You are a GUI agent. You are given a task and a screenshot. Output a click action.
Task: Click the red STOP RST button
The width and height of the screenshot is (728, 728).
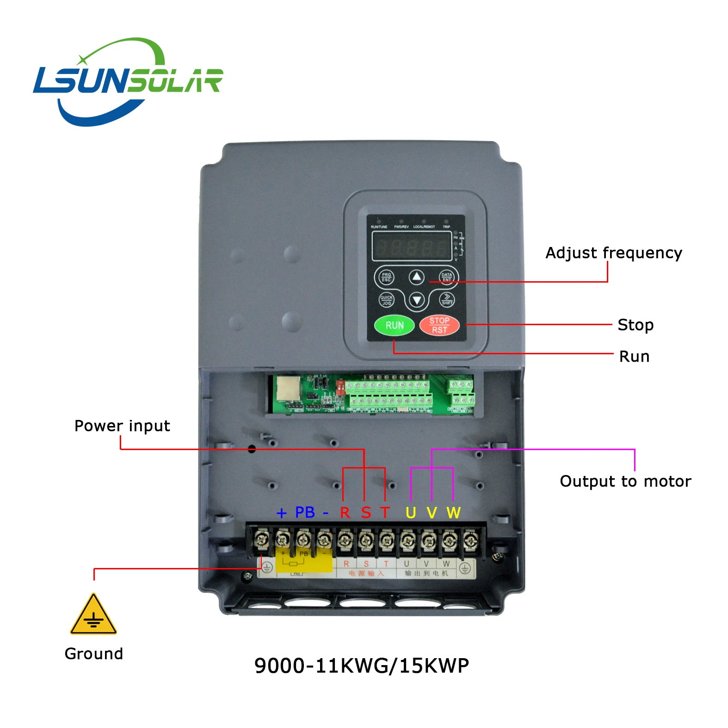439,325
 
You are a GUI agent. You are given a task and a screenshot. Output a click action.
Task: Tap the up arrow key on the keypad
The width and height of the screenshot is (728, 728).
417,277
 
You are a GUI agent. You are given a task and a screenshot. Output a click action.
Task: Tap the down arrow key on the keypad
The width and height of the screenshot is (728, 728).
417,300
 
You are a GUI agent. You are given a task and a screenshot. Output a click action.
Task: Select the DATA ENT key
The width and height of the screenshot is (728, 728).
446,277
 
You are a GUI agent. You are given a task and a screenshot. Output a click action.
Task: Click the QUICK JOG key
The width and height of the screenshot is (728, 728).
386,300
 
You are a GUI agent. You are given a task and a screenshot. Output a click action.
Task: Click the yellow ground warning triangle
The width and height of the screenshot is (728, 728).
93,615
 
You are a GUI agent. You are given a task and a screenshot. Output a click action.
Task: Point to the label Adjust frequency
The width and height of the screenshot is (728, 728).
613,253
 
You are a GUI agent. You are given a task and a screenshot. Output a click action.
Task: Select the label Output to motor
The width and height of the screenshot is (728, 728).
625,481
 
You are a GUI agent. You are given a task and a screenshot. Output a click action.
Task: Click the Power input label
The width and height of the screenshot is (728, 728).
122,426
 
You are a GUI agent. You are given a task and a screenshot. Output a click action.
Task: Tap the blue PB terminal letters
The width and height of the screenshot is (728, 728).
305,512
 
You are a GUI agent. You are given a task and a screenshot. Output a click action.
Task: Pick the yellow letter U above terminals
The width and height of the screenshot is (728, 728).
411,513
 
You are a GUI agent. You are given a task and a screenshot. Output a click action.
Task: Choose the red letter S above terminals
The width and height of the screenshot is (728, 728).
366,513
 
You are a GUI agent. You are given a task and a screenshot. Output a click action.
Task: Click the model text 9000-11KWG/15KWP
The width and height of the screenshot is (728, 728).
362,666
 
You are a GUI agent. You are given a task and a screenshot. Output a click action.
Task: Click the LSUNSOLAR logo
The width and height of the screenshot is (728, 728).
128,81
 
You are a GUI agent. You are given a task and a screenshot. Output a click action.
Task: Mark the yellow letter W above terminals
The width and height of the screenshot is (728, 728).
453,513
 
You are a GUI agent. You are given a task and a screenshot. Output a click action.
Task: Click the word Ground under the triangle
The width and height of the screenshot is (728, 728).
94,654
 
